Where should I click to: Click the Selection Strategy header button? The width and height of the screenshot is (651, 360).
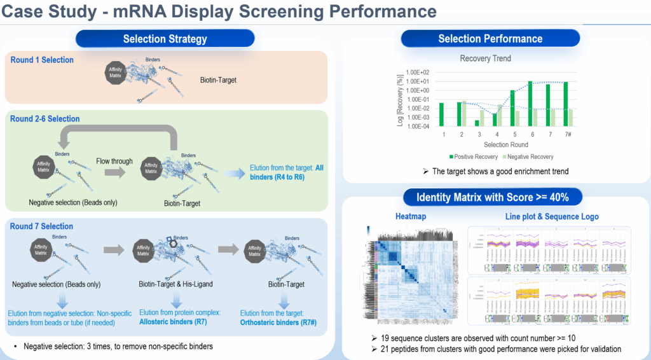[x=165, y=39]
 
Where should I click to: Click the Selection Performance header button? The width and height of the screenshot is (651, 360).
[x=490, y=39]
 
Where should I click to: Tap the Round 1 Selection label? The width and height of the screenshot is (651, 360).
[x=42, y=60]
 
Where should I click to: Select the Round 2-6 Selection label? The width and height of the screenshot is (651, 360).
[x=45, y=119]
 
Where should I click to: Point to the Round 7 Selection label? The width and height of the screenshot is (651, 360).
[x=42, y=226]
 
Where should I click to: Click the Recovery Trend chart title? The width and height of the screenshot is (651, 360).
[x=485, y=59]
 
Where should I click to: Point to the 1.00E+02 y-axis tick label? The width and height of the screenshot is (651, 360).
[x=418, y=72]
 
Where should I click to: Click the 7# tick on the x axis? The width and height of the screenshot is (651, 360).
[x=568, y=135]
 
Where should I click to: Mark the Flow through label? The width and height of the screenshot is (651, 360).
[x=114, y=161]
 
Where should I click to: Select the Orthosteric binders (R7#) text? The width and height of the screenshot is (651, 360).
[x=278, y=322]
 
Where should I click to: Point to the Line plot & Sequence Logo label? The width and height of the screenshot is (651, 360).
[x=551, y=216]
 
